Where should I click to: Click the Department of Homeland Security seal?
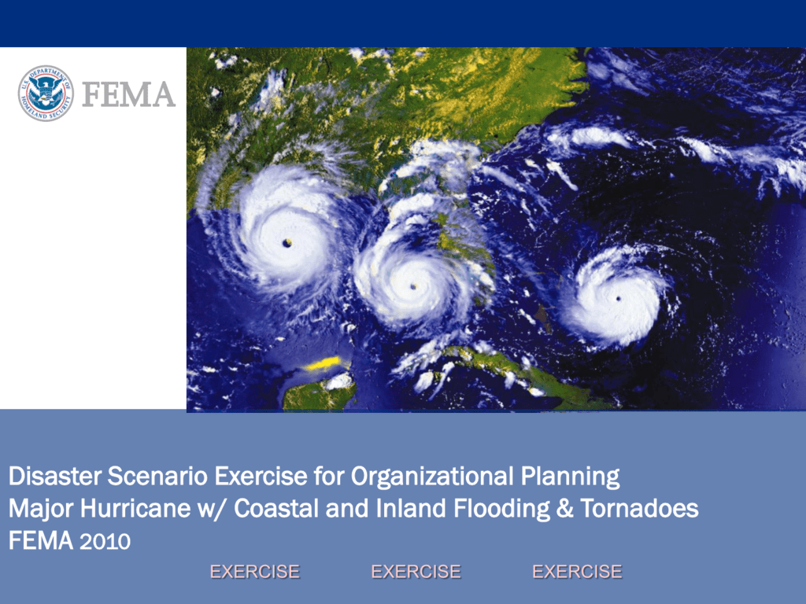coord(46,94)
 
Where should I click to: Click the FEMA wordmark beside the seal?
coord(128,95)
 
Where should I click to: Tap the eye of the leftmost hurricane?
coord(287,243)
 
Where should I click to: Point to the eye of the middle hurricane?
coord(412,287)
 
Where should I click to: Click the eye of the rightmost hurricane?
coord(618,299)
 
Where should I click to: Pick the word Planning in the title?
coord(571,477)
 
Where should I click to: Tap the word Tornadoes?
coord(639,509)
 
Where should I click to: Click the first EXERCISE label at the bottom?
coord(254,572)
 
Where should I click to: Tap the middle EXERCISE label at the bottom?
coord(416,572)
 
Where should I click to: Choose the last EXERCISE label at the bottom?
coord(577,572)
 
